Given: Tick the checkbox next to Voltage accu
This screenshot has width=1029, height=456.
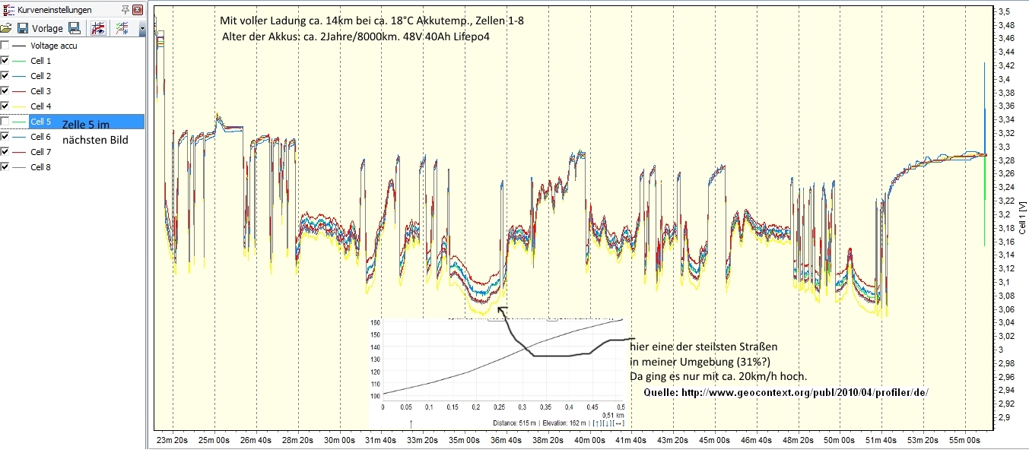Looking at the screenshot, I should pos(5,46).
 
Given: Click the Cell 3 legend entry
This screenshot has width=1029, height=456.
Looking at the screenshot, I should pos(40,91).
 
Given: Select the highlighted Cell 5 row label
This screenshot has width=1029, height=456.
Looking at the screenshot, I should pos(40,122).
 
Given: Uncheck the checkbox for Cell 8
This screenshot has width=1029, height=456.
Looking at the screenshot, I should pos(5,167).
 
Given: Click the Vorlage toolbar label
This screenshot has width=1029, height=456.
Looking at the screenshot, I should pos(47,28).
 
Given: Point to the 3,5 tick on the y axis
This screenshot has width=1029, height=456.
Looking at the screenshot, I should pos(1004,11).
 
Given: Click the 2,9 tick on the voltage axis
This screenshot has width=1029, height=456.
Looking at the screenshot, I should pos(1004,418).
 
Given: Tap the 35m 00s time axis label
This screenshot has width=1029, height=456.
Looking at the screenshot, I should pos(463,440).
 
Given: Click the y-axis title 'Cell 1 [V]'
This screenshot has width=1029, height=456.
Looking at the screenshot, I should pos(1023,216).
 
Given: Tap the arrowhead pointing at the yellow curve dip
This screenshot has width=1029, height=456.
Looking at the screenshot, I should pos(500,308).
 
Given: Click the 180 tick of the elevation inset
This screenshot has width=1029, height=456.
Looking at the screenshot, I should pos(375,322).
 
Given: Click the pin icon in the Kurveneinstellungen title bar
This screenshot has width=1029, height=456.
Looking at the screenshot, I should pos(125,10).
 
